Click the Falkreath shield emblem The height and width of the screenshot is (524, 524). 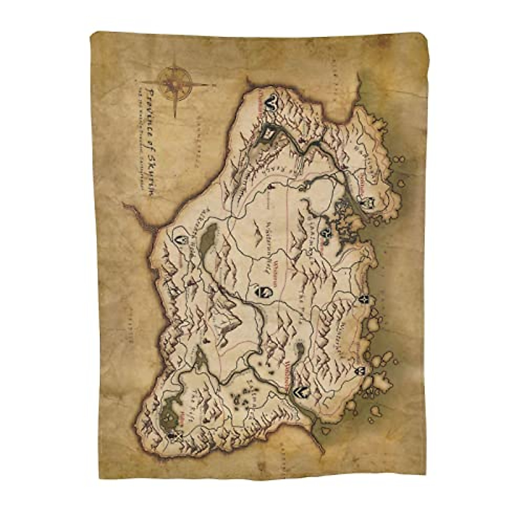(x=181, y=240)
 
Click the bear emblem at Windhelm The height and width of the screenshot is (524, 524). (x=300, y=392)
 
